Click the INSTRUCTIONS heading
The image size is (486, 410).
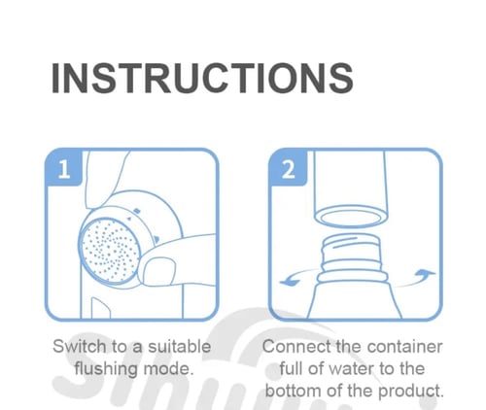point(202,78)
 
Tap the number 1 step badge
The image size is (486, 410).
point(63,167)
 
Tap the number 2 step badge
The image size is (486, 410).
point(288,167)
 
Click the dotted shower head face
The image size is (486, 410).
point(110,252)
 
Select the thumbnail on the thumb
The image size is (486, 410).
point(158,271)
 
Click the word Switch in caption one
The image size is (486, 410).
point(80,346)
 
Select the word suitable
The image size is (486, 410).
point(179,346)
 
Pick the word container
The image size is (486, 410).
point(405,347)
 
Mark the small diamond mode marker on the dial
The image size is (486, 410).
point(137,211)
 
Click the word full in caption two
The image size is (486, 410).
point(292,369)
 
